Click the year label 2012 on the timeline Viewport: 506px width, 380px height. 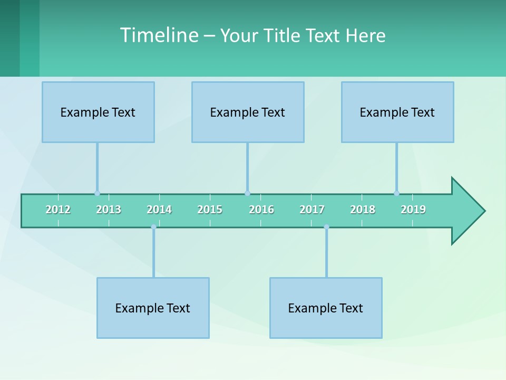click(58, 210)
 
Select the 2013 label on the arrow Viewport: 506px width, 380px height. click(109, 210)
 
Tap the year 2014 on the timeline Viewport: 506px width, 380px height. click(159, 210)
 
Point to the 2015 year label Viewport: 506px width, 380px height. click(210, 210)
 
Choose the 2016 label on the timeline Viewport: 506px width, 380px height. click(261, 210)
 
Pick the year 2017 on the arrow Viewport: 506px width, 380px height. click(312, 210)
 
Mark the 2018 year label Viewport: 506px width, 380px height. click(363, 210)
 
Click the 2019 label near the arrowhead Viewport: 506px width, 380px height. click(413, 210)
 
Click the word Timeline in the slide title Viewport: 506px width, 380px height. click(158, 35)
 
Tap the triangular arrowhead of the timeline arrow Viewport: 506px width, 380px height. click(466, 211)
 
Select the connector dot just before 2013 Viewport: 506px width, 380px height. click(97, 193)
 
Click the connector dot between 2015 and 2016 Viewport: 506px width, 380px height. click(247, 193)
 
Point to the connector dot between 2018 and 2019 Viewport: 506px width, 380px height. click(396, 193)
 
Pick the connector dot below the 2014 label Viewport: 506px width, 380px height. click(153, 227)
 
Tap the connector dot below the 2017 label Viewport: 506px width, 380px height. click(326, 227)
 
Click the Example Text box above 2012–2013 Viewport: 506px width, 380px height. click(98, 112)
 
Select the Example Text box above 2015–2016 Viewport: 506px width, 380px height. click(248, 112)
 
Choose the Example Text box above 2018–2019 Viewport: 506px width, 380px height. click(397, 112)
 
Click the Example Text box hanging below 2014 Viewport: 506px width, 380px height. click(153, 308)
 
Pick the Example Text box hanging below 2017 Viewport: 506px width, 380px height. click(326, 308)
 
